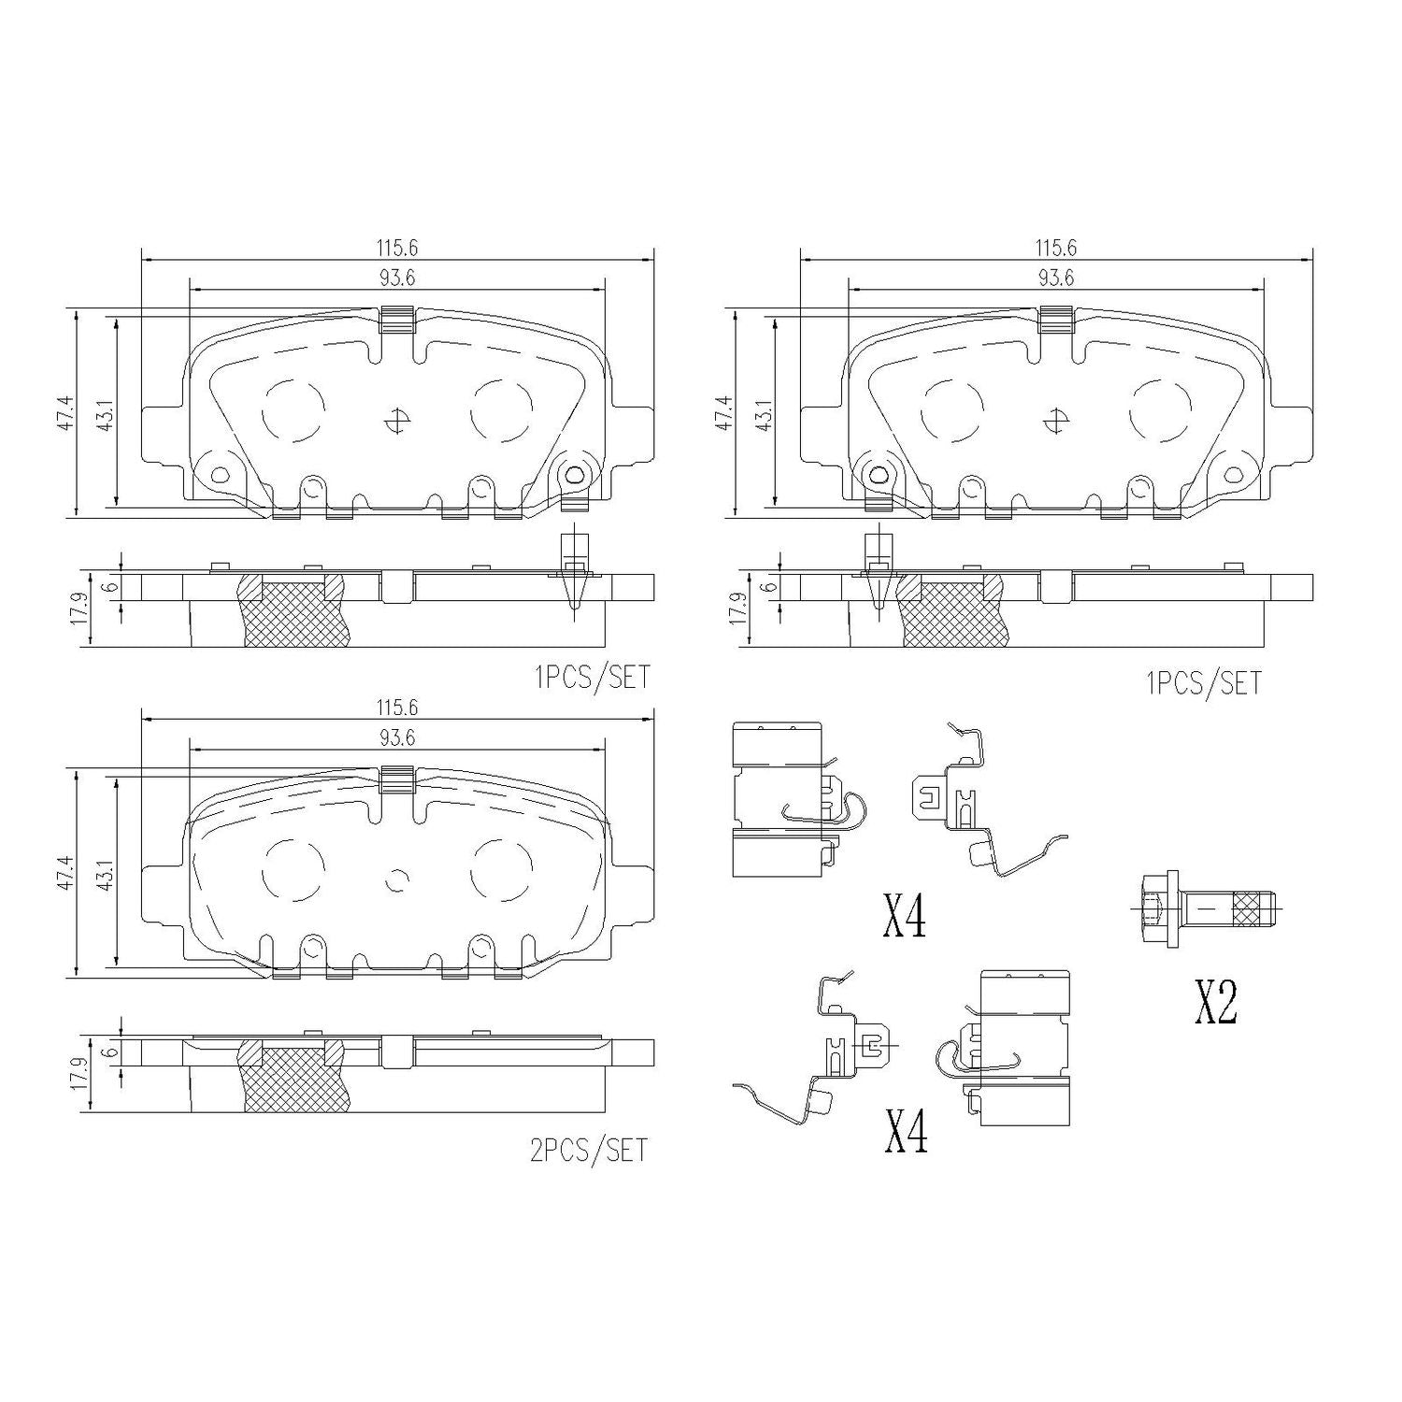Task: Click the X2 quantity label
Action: pyautogui.click(x=1216, y=1003)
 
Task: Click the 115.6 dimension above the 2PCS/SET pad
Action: pyautogui.click(x=397, y=708)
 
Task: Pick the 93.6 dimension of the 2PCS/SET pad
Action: pyautogui.click(x=397, y=737)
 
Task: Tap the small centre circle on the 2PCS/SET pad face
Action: pyautogui.click(x=398, y=880)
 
